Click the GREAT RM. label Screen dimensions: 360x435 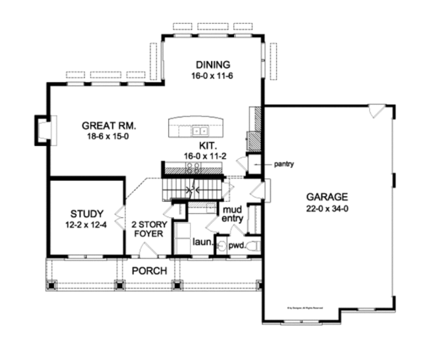tap(109, 124)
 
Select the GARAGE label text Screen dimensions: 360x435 tap(326, 197)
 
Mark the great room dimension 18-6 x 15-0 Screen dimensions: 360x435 tap(109, 136)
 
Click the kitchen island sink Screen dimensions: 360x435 tap(200, 131)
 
